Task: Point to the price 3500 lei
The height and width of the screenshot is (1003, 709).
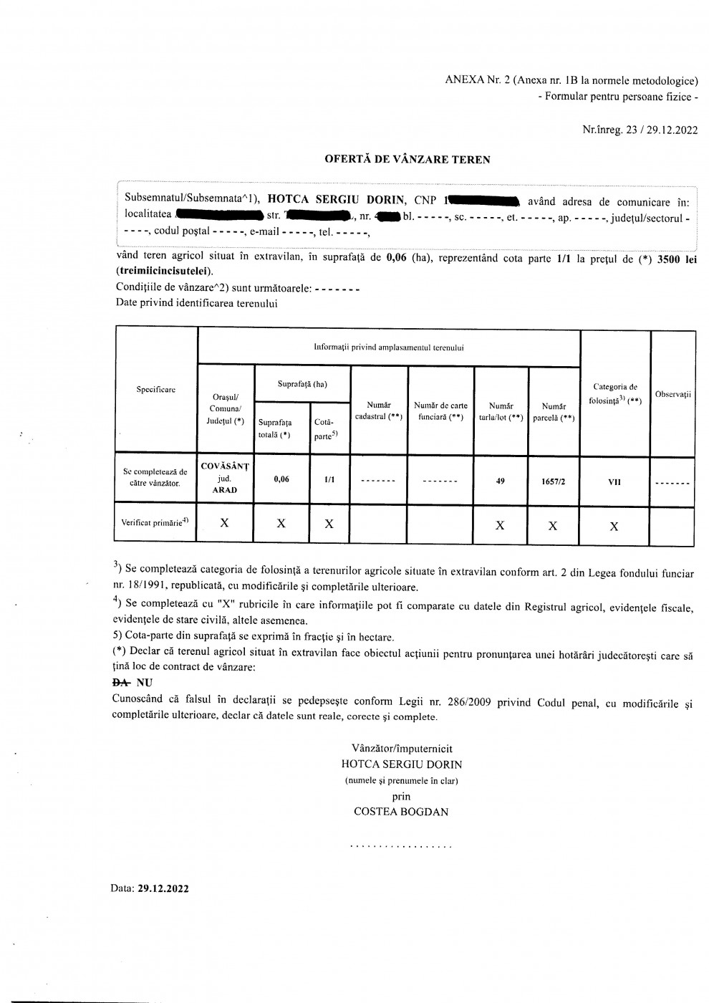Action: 677,259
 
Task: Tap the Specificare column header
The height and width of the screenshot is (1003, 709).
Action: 156,390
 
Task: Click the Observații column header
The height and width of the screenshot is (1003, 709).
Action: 672,395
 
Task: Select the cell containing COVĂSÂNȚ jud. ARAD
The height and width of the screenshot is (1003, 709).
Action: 224,478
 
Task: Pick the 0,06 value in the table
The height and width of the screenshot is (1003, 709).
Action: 281,479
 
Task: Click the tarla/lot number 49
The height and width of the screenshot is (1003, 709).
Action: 500,481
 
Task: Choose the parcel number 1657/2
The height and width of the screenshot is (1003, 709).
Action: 553,481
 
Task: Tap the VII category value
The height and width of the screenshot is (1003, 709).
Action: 614,482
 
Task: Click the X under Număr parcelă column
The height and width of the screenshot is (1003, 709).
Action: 553,526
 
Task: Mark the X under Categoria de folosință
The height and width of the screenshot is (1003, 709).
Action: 614,526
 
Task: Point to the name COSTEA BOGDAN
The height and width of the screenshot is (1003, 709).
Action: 401,812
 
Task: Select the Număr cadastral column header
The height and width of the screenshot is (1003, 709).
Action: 379,411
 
